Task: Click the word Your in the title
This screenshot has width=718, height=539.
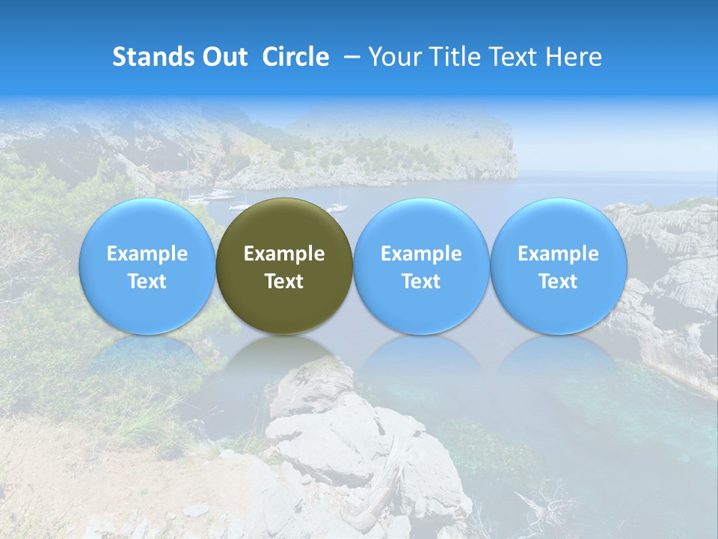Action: click(x=393, y=57)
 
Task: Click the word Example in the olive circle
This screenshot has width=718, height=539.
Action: click(x=284, y=254)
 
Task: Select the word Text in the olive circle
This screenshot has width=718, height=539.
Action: click(x=284, y=281)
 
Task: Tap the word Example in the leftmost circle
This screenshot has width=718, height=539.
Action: click(x=147, y=254)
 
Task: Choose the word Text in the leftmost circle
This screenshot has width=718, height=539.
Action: click(x=147, y=281)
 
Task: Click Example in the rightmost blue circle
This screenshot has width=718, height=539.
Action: click(x=559, y=254)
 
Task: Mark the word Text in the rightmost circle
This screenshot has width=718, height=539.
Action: click(x=559, y=281)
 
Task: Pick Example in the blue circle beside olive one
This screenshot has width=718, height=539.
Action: click(x=421, y=254)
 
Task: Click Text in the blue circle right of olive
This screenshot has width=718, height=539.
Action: click(x=421, y=281)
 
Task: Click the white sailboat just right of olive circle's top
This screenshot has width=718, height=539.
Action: click(x=338, y=206)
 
